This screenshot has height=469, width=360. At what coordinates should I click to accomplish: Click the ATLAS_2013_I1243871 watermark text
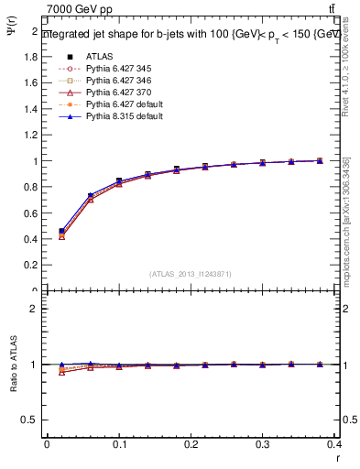point(191,274)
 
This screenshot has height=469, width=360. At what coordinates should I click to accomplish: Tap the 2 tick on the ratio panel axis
point(35,309)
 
